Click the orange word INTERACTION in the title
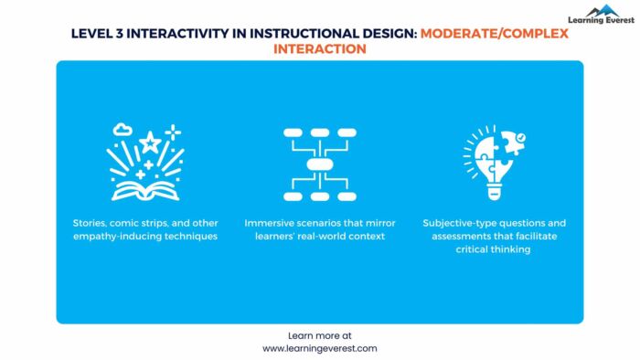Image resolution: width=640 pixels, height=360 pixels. [x=319, y=48]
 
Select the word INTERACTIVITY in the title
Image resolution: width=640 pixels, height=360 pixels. [x=176, y=33]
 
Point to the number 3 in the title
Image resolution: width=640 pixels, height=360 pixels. [x=121, y=33]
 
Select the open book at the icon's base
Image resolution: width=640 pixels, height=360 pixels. [x=145, y=189]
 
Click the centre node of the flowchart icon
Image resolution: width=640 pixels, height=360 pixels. [x=319, y=164]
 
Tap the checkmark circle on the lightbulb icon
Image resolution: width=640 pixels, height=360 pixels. [x=518, y=137]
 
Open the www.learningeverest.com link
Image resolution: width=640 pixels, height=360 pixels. [x=319, y=348]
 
